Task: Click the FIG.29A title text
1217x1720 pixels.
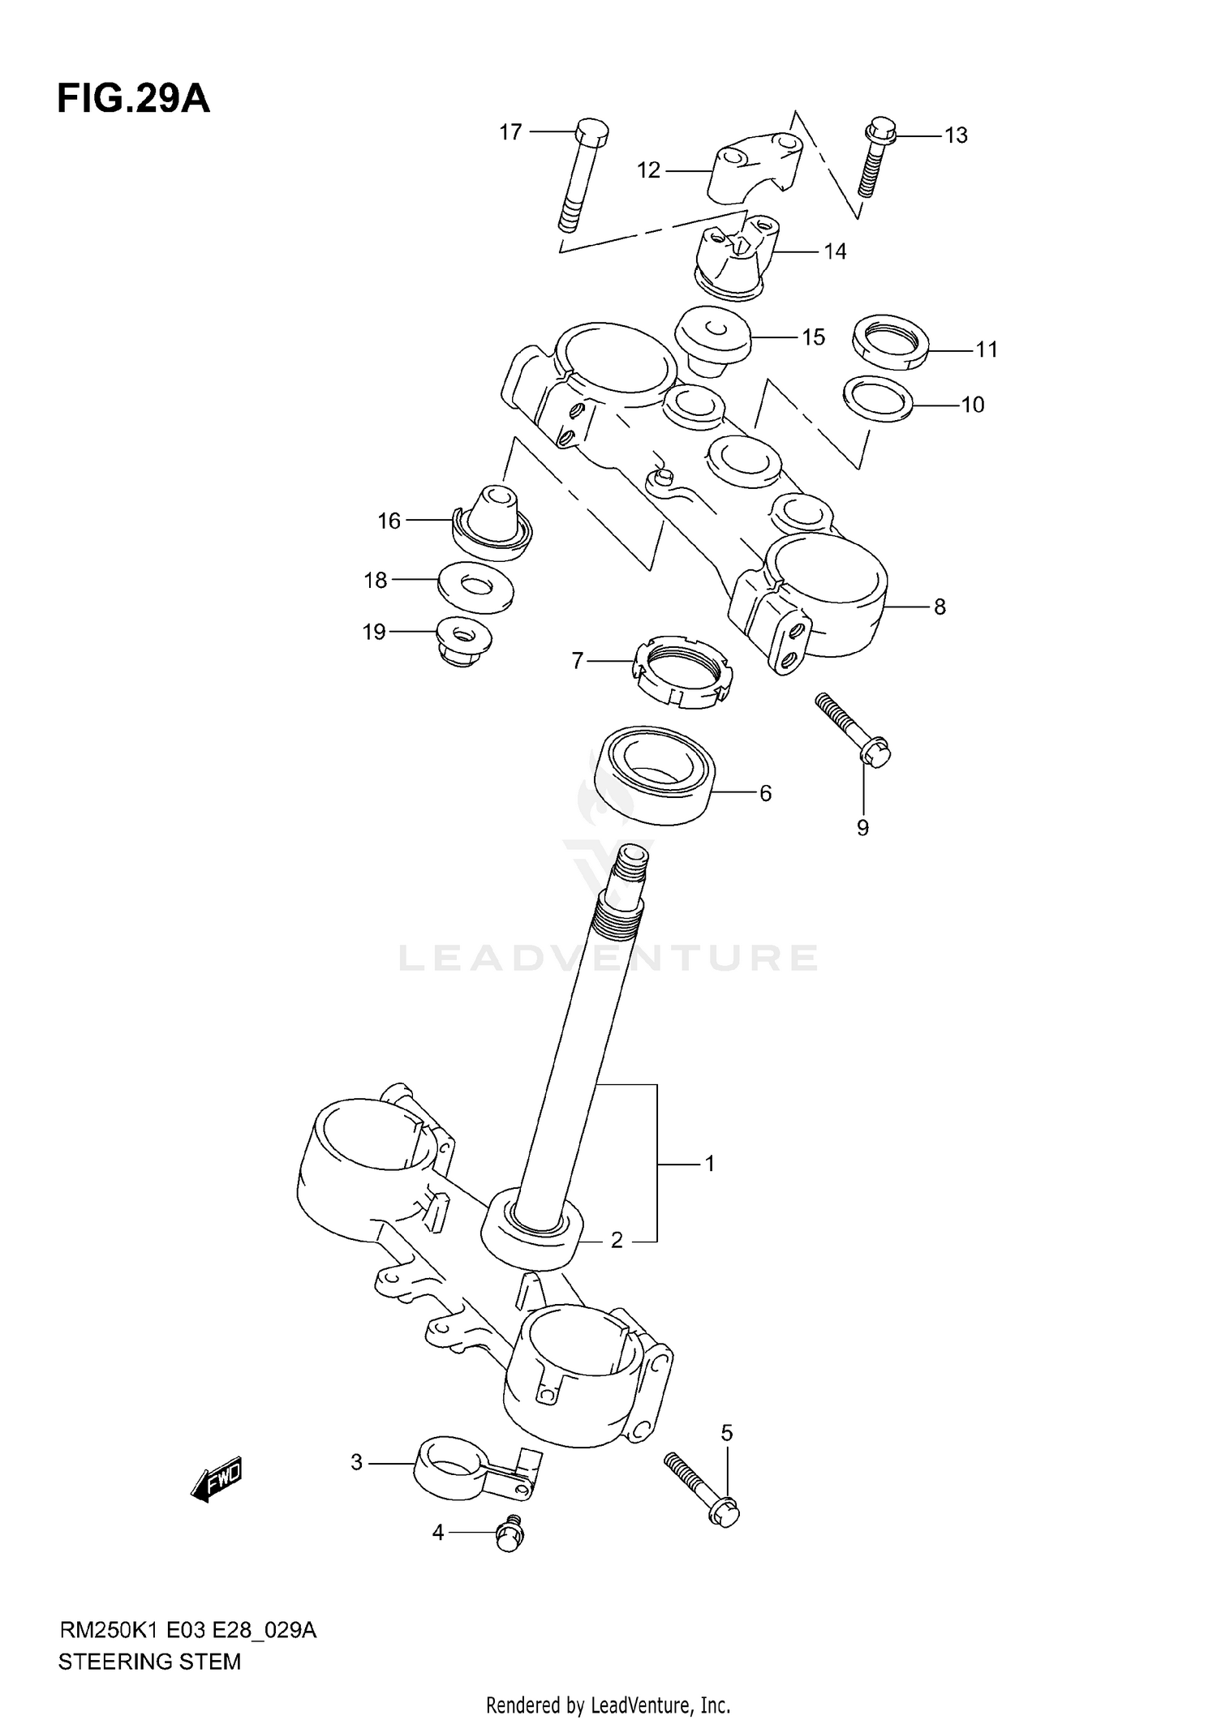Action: pyautogui.click(x=133, y=100)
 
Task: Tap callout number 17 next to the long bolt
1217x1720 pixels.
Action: pyautogui.click(x=510, y=131)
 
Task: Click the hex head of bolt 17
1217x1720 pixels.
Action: pyautogui.click(x=591, y=132)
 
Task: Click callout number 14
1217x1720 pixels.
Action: pyautogui.click(x=835, y=251)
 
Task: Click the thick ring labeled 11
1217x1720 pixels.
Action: pyautogui.click(x=890, y=343)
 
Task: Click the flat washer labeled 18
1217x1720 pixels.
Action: pyautogui.click(x=475, y=586)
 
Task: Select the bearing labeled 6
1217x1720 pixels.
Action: pyautogui.click(x=654, y=775)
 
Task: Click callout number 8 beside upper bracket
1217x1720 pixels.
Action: pyautogui.click(x=940, y=607)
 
